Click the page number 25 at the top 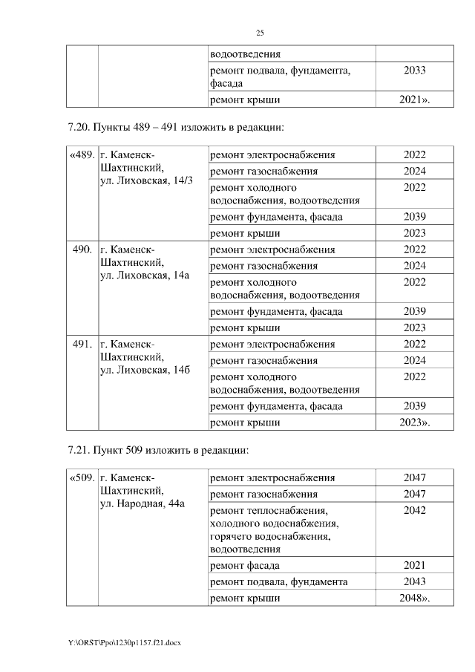pyautogui.click(x=260, y=33)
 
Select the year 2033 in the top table pyautogui.click(x=414, y=71)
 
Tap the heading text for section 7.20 pyautogui.click(x=175, y=128)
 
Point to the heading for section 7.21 pyautogui.click(x=157, y=450)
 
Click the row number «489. pyautogui.click(x=81, y=155)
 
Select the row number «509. pyautogui.click(x=81, y=477)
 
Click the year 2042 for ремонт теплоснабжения pyautogui.click(x=414, y=511)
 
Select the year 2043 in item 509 pyautogui.click(x=414, y=581)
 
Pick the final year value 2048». pyautogui.click(x=416, y=598)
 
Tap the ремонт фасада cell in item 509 pyautogui.click(x=244, y=565)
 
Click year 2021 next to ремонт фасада pyautogui.click(x=414, y=565)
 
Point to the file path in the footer pyautogui.click(x=122, y=643)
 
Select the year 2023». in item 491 pyautogui.click(x=416, y=423)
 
